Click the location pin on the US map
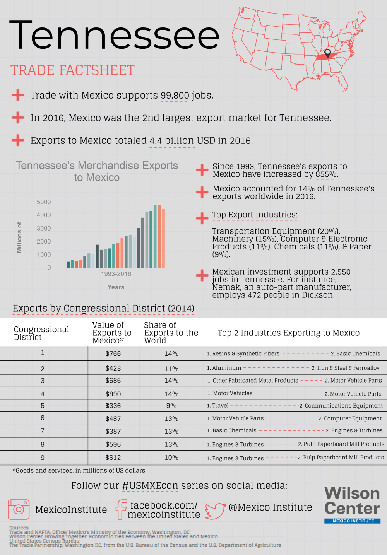(327, 53)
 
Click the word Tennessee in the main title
(114, 36)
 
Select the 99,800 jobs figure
(175, 96)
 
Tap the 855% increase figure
(326, 174)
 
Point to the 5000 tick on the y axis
(44, 202)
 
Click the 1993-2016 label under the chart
(116, 274)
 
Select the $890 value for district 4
(113, 394)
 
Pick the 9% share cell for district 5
(171, 406)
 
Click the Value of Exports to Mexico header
(112, 333)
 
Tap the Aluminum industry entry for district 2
(224, 368)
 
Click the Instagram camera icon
(19, 509)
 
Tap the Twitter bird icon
(215, 511)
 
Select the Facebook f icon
(122, 509)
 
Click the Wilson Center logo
(352, 505)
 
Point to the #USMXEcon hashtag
(150, 486)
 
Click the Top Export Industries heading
(255, 215)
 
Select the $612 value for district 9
(113, 458)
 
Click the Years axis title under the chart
(116, 287)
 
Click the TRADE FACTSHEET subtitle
(72, 70)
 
